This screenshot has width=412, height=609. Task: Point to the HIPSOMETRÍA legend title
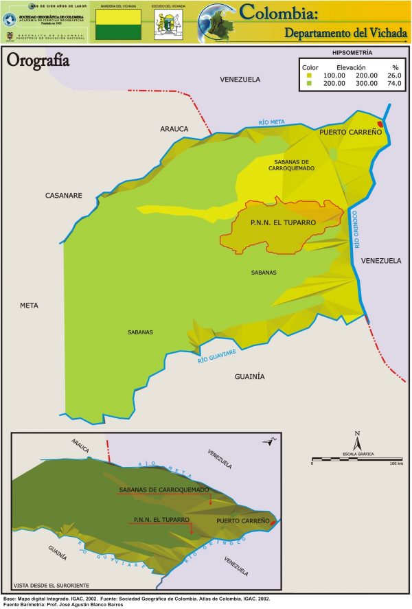(352, 52)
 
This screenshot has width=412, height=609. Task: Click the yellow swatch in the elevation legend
(310, 75)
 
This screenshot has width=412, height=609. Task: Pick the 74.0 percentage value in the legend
(393, 83)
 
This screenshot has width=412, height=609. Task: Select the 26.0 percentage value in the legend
(393, 75)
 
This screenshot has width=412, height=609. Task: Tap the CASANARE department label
(63, 196)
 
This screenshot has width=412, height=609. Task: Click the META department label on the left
(30, 305)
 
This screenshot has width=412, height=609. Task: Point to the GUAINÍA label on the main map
(249, 376)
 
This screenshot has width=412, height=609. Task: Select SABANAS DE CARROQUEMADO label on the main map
(290, 164)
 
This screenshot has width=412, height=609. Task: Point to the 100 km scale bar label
(396, 464)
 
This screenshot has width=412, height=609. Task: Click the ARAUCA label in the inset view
(80, 446)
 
